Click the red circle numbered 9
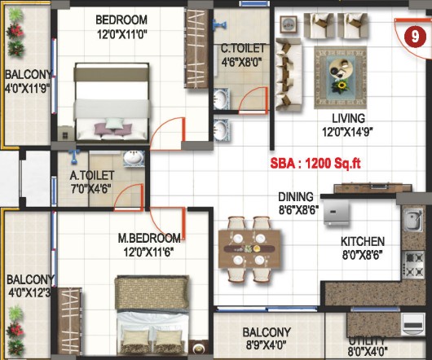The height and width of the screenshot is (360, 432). point(415,37)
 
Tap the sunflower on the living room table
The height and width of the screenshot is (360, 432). point(342,85)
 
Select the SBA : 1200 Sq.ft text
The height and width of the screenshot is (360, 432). point(315,164)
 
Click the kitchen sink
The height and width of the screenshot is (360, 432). point(413,219)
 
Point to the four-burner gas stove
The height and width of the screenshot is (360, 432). point(413,266)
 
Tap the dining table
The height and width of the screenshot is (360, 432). point(249,248)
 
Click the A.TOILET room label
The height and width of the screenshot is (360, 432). point(92,175)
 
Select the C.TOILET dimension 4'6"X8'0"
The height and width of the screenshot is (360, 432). point(241,62)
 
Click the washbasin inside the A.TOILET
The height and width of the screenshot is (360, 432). point(134,158)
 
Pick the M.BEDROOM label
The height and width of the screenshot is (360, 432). point(149,238)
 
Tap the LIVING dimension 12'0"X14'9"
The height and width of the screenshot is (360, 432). point(347,132)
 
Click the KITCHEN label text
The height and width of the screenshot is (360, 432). point(363,241)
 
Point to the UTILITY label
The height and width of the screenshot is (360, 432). point(367,341)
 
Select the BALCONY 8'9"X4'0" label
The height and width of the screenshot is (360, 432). point(267,338)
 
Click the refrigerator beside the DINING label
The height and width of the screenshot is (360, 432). point(337,213)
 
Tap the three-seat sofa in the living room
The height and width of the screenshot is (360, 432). point(289,74)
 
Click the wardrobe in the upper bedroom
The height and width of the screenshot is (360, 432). point(196,48)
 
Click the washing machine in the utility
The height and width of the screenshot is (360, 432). point(412,324)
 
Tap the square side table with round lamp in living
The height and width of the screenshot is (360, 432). point(289,24)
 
